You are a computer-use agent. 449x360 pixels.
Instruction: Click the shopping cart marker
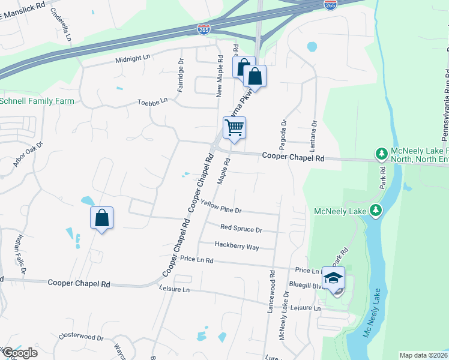(234, 127)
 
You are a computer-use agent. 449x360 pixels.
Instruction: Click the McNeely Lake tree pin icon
(376, 211)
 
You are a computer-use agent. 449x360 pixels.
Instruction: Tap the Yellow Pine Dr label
(221, 207)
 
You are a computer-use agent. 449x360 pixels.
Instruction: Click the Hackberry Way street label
(237, 246)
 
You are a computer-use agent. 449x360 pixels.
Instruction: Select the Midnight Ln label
(133, 58)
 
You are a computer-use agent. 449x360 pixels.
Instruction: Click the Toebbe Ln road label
(152, 103)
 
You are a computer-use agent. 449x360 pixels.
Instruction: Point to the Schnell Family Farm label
(37, 101)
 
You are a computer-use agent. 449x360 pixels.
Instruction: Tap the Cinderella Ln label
(61, 25)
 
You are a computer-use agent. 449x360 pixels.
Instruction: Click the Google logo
(20, 353)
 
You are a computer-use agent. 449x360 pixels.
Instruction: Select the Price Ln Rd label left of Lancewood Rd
(196, 260)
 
